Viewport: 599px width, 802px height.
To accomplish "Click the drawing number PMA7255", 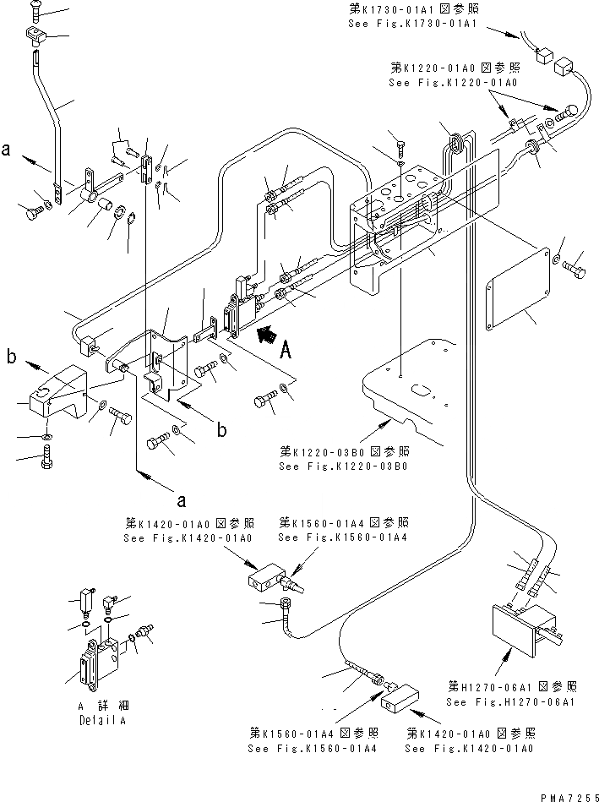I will pos(564,795).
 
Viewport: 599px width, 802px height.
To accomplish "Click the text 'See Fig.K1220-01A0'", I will pos(454,83).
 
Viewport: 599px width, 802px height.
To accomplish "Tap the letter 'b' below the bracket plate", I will pos(221,431).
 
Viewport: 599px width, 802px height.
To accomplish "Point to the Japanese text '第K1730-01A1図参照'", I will pos(411,9).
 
